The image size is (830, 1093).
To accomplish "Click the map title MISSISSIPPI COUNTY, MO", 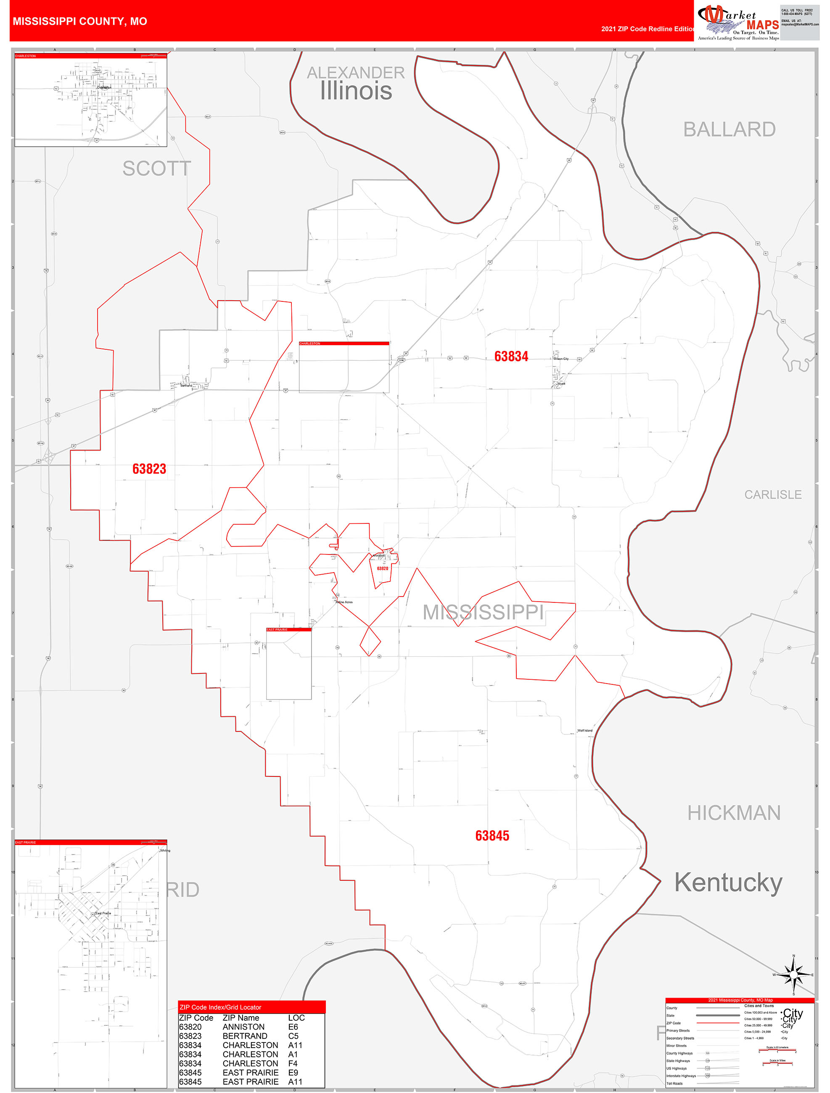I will tap(79, 21).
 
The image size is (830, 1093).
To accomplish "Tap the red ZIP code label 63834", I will tap(511, 356).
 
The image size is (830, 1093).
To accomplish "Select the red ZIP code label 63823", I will tap(149, 469).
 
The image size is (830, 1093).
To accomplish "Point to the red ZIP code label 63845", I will tap(492, 836).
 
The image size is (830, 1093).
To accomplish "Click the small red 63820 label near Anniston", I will tap(382, 569).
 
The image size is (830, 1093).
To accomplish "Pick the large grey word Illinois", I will tap(356, 91).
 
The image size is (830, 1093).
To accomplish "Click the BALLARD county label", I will tap(729, 129).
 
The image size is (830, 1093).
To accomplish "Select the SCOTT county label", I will tap(156, 169).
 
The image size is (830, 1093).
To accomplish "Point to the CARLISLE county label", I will tap(773, 495).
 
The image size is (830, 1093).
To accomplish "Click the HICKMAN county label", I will tap(734, 813).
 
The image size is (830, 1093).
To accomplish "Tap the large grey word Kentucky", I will tap(728, 882).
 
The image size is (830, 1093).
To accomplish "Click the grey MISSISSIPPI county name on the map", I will tap(483, 612).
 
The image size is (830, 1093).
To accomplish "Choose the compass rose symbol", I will tap(793, 975).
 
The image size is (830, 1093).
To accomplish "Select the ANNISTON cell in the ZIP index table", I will tap(243, 1027).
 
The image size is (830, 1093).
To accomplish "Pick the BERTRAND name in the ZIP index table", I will tap(245, 1036).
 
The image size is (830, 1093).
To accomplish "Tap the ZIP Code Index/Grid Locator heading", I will tap(220, 1007).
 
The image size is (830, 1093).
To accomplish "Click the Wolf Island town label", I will tap(585, 730).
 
